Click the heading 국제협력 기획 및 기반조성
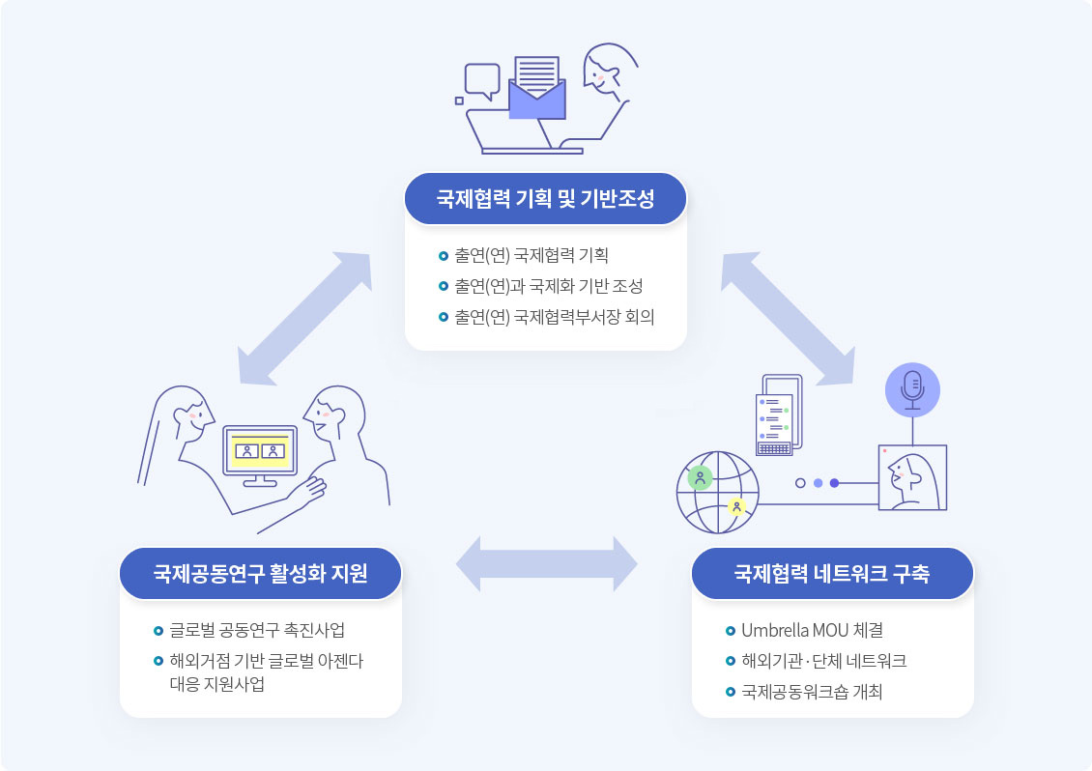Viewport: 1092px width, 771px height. [545, 199]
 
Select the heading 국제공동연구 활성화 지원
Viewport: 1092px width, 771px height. [261, 573]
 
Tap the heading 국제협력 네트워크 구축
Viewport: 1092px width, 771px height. [831, 573]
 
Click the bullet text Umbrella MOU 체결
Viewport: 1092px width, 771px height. [812, 630]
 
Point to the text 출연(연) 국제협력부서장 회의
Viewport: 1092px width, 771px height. [555, 317]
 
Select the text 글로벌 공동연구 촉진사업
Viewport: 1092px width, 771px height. [257, 630]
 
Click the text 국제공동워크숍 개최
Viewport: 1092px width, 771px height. [812, 692]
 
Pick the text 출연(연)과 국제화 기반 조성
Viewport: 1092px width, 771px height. [549, 286]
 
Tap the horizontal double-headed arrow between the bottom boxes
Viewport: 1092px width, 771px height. [547, 564]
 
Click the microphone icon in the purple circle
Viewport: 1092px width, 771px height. [912, 390]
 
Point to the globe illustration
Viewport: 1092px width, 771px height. [718, 493]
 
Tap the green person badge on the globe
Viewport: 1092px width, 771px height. [700, 478]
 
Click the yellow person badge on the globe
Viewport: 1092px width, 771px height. [736, 507]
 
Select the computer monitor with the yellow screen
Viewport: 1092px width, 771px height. [260, 455]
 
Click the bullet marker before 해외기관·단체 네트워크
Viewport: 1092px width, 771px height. [730, 661]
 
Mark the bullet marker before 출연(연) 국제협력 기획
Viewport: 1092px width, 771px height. [443, 256]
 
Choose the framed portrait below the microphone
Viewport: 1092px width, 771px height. [912, 478]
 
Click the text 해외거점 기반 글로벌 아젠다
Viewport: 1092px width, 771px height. [267, 661]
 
